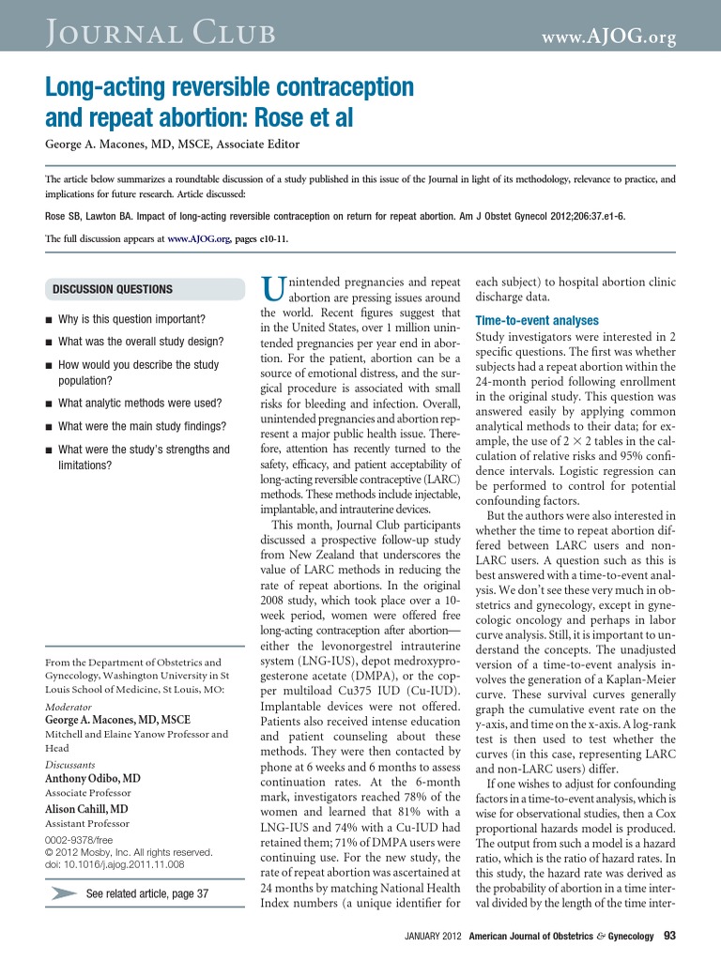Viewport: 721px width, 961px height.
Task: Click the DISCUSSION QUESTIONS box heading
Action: (113, 289)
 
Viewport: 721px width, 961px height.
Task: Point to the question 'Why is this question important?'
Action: (131, 319)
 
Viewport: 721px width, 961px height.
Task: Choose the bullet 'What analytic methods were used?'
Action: (140, 403)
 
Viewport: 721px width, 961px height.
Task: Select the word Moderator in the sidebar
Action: (69, 706)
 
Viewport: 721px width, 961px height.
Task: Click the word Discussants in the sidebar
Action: (71, 765)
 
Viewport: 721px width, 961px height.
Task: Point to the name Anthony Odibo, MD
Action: (93, 779)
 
